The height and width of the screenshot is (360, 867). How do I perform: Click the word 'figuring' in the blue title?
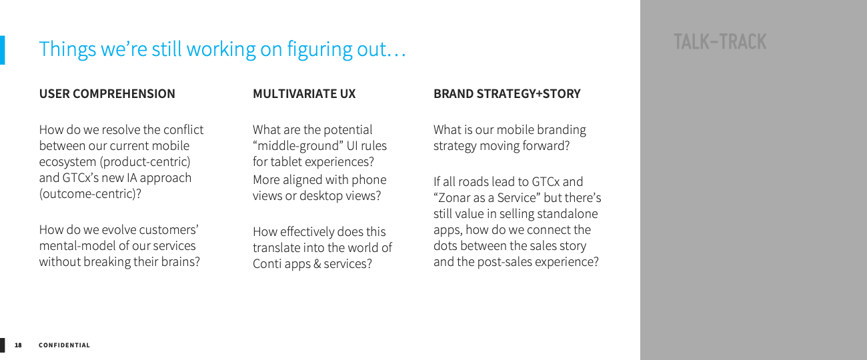pyautogui.click(x=319, y=50)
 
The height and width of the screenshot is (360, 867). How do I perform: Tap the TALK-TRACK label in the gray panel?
pyautogui.click(x=720, y=42)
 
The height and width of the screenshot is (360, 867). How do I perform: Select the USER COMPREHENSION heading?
pyautogui.click(x=107, y=94)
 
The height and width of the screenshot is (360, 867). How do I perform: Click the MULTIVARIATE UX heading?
pyautogui.click(x=304, y=94)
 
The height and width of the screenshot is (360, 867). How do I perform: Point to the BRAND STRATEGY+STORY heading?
pyautogui.click(x=507, y=94)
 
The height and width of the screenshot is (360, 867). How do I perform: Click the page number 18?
pyautogui.click(x=18, y=345)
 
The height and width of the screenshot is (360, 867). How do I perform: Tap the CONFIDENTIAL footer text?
pyautogui.click(x=64, y=345)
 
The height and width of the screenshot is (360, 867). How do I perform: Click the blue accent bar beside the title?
pyautogui.click(x=2, y=50)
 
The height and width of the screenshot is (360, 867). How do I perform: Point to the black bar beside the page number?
pyautogui.click(x=2, y=345)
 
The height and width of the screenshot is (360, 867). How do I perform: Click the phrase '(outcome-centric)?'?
pyautogui.click(x=90, y=193)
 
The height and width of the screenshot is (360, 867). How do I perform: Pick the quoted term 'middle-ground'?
pyautogui.click(x=298, y=146)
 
